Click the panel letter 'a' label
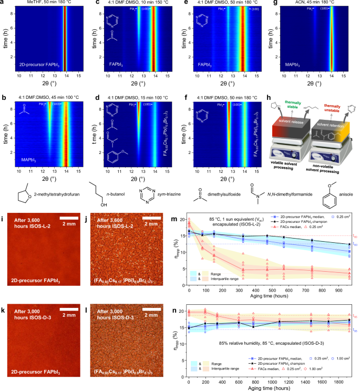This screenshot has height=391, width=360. (x=4, y=4)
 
